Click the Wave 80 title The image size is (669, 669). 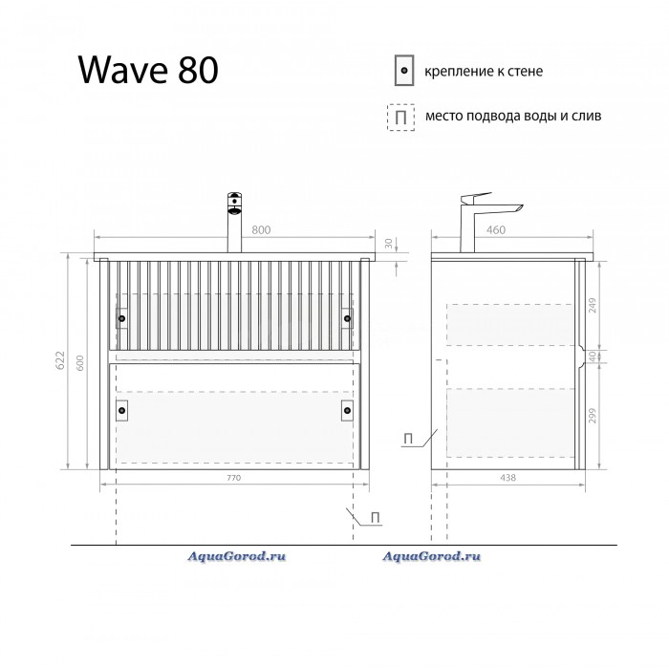(148, 70)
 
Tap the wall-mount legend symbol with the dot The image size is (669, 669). (404, 71)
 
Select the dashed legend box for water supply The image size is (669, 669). (400, 117)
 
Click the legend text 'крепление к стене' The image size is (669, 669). (484, 72)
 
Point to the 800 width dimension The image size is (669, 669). (261, 230)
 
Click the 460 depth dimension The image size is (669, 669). (496, 230)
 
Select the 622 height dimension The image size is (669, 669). (60, 360)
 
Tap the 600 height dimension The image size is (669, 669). (80, 363)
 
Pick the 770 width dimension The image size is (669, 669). (234, 478)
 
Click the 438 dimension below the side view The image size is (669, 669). (507, 478)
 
